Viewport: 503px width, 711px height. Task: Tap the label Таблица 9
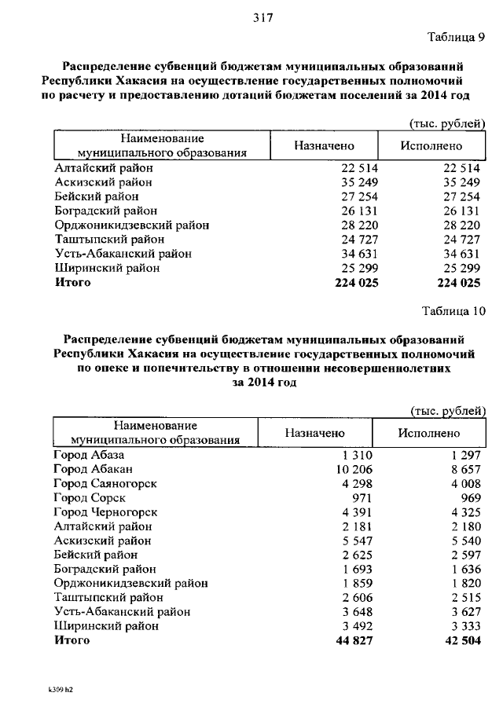(457, 37)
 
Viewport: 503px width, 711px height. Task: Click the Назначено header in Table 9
(324, 145)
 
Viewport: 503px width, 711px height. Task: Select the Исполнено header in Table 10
(428, 433)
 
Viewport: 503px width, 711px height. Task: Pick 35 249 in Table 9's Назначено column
(360, 182)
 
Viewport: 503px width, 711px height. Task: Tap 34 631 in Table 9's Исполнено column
(461, 254)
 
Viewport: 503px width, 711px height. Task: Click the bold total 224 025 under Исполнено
(458, 283)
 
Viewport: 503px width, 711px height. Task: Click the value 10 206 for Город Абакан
(353, 470)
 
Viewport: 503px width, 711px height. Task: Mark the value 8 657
(466, 470)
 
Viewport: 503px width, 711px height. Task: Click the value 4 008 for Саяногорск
(466, 484)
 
